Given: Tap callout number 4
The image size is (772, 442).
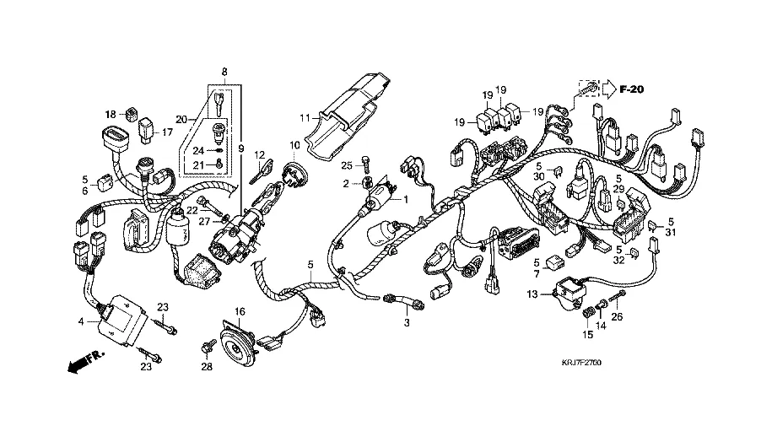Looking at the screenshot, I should click(x=81, y=321).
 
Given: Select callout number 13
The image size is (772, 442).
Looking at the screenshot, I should click(x=533, y=294).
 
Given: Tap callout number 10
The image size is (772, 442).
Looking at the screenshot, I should click(x=295, y=144).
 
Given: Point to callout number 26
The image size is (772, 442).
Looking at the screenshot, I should click(x=617, y=317).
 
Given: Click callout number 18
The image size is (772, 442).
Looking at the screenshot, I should click(x=111, y=114).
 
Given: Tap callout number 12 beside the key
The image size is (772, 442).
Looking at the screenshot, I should click(x=261, y=154).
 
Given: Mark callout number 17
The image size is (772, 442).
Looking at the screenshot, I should click(x=167, y=132).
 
